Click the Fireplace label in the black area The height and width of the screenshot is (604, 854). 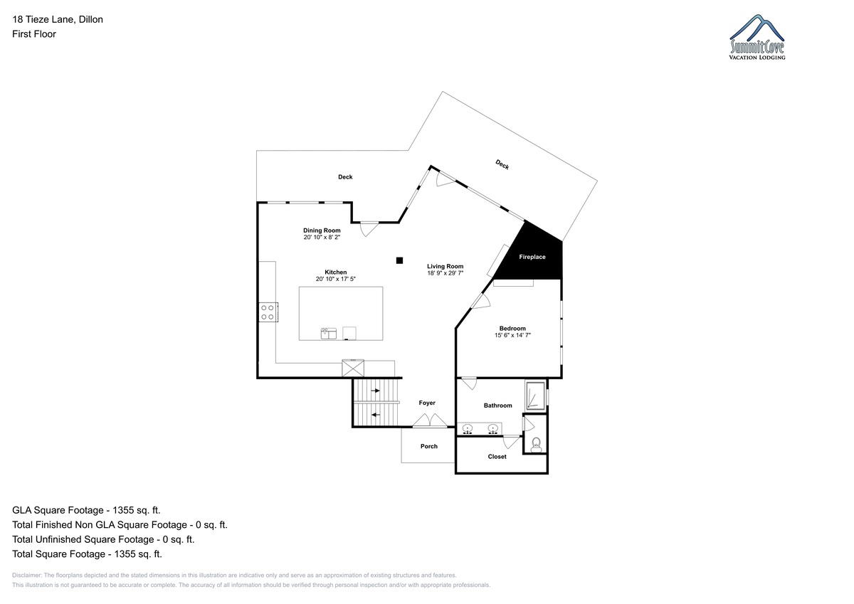coord(532,258)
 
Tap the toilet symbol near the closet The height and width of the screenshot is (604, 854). coord(536,445)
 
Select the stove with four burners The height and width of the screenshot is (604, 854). coord(268,312)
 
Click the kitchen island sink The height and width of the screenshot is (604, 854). coord(329,334)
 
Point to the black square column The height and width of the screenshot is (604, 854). coord(399,260)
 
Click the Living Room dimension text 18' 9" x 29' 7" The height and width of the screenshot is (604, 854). coord(445,273)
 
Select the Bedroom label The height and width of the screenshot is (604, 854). coord(512,329)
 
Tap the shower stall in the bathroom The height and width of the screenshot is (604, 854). coord(536,395)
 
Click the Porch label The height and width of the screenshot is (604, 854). coord(429,446)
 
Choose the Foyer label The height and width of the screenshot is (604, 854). coord(427,403)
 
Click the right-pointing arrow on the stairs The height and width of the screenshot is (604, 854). coord(376,391)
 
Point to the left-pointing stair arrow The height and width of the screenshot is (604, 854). coord(376,415)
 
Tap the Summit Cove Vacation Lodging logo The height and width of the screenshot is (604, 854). coord(757,37)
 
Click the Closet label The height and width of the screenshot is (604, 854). coord(497,457)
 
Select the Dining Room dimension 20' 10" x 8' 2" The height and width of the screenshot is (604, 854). coord(322,238)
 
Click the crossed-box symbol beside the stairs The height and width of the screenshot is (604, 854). coord(353,369)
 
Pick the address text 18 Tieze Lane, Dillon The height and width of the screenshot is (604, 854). coord(58,19)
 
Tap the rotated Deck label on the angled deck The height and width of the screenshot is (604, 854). coord(502,164)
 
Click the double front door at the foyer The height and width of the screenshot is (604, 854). coord(430,420)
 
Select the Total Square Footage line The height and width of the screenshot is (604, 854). coord(87,554)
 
